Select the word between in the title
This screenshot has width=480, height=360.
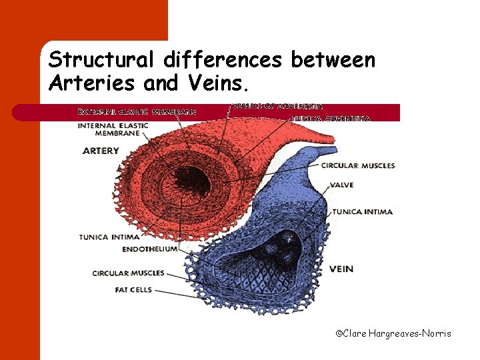click(x=333, y=61)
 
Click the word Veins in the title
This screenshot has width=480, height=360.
click(x=216, y=84)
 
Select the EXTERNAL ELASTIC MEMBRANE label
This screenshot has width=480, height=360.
click(x=137, y=111)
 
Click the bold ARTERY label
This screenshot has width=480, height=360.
click(x=101, y=151)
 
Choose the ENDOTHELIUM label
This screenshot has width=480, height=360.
click(x=150, y=249)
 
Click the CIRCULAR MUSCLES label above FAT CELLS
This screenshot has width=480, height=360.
click(x=128, y=273)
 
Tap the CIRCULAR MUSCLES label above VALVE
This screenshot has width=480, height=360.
click(x=358, y=165)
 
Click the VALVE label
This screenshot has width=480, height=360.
click(x=341, y=185)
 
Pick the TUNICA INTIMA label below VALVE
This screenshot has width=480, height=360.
click(x=363, y=211)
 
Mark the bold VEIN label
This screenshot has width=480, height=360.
click(x=341, y=269)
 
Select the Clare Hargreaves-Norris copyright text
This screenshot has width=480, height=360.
click(x=393, y=333)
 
